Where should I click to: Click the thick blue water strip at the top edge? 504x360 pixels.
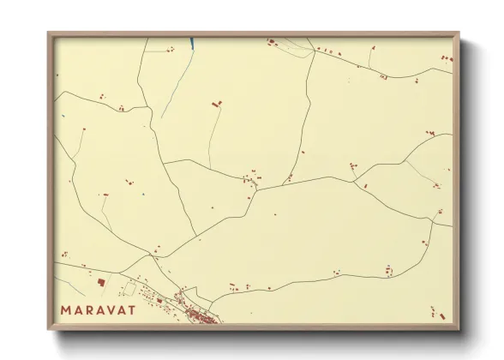point(191,42)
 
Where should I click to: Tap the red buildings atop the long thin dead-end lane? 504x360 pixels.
point(216,104)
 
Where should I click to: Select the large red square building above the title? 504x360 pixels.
point(100,281)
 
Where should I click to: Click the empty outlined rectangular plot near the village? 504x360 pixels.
point(130,288)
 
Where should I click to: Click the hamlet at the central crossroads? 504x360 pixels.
point(251,180)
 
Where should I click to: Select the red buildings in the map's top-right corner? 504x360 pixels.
point(445,57)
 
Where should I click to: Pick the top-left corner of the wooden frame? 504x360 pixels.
point(49,33)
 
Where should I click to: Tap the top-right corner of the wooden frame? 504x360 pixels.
point(459,33)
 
